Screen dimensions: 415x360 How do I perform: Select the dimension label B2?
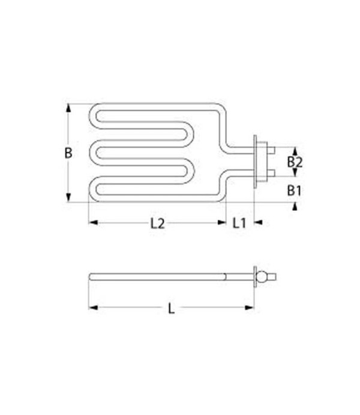coord(293,162)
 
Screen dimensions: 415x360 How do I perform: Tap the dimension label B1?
coord(293,191)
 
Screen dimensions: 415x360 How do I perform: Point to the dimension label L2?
coord(157,223)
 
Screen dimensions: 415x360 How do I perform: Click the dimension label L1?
coord(239,223)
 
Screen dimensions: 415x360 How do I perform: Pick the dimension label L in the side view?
coord(171,309)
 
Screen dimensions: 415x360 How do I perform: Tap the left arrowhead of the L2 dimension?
coord(92,223)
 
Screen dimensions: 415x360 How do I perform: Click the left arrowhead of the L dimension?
coord(92,309)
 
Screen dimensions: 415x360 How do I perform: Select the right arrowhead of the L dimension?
coord(250,309)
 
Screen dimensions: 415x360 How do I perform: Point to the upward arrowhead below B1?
coord(294,206)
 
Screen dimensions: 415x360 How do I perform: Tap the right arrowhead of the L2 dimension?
coord(221,223)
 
